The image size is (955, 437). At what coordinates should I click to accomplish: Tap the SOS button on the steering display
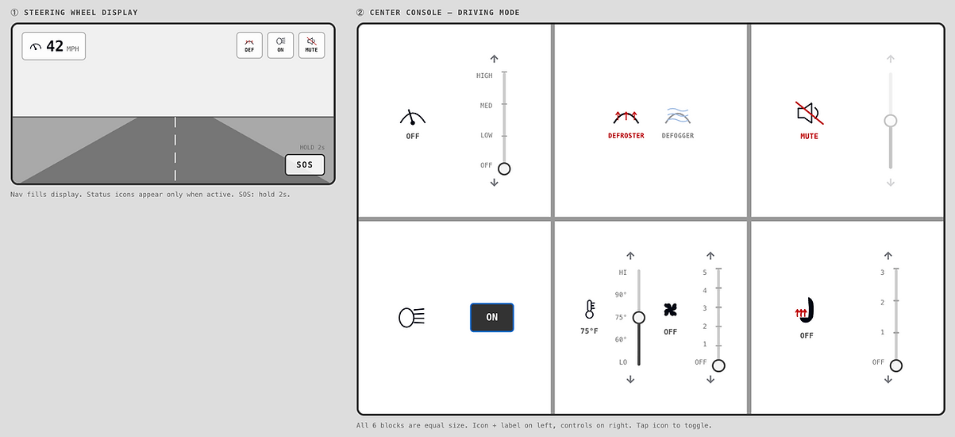click(x=305, y=164)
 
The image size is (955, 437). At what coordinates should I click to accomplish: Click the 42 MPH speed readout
click(x=54, y=46)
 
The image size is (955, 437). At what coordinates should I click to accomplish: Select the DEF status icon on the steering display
click(x=249, y=45)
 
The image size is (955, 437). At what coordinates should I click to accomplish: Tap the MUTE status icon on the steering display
click(x=311, y=45)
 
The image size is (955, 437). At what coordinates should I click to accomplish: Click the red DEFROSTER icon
click(x=626, y=117)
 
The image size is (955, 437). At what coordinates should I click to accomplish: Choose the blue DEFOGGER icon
click(x=677, y=116)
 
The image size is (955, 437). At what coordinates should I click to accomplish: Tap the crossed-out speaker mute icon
click(x=809, y=114)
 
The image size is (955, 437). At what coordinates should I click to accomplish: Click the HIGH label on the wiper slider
click(x=484, y=75)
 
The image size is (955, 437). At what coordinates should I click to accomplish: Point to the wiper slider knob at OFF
click(x=504, y=169)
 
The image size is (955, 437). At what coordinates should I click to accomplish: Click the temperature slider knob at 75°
click(x=639, y=318)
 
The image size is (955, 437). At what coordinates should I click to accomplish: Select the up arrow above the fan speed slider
click(x=710, y=256)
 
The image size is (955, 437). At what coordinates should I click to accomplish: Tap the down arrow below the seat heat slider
click(x=888, y=379)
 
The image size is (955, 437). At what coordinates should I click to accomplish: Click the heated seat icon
click(x=805, y=310)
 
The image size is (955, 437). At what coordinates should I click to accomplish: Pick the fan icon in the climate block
click(x=670, y=310)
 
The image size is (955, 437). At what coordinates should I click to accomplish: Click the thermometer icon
click(x=590, y=309)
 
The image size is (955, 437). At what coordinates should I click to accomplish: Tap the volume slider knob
click(x=890, y=121)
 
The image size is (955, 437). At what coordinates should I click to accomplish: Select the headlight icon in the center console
click(x=411, y=318)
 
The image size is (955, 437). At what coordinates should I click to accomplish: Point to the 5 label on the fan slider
click(x=705, y=273)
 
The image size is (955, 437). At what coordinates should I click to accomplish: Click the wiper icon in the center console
click(x=412, y=118)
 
